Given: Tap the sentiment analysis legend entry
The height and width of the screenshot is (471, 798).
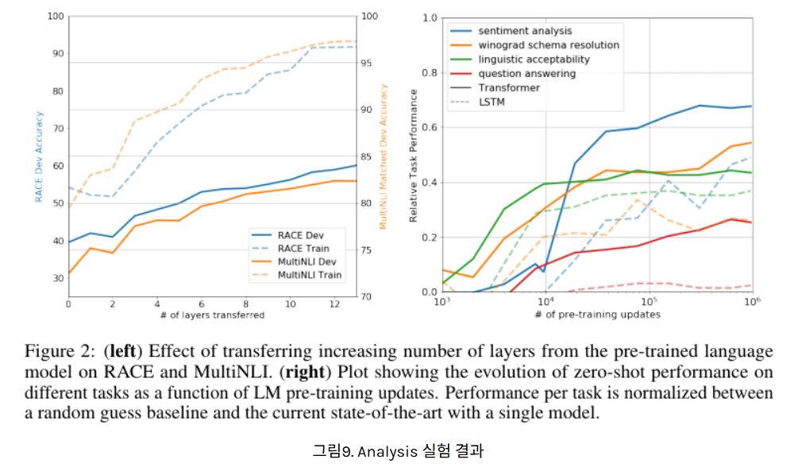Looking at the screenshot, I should (524, 31).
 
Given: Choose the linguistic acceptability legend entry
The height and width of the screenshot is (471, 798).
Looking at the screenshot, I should (534, 60).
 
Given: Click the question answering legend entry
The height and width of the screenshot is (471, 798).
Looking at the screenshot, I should (526, 74).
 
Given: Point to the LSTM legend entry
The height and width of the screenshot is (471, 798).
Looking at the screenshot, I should (492, 102).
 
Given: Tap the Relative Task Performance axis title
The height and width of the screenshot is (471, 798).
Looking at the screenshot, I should (413, 155).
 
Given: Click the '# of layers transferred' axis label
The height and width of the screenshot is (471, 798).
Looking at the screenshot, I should (212, 315).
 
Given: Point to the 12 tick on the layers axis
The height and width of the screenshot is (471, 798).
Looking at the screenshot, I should (333, 304).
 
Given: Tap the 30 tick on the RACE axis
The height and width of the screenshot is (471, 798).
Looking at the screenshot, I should (57, 278).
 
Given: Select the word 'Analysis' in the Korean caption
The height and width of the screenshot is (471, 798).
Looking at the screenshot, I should (387, 452).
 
